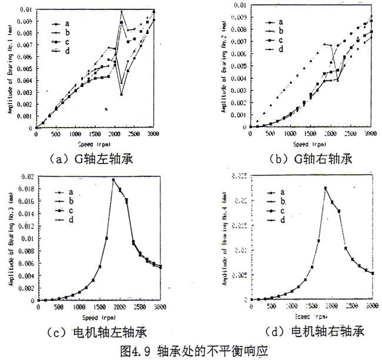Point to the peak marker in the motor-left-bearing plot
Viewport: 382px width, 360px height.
click(113, 180)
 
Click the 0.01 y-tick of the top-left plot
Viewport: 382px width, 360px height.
click(25, 10)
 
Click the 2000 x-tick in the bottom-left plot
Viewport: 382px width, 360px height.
click(119, 306)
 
